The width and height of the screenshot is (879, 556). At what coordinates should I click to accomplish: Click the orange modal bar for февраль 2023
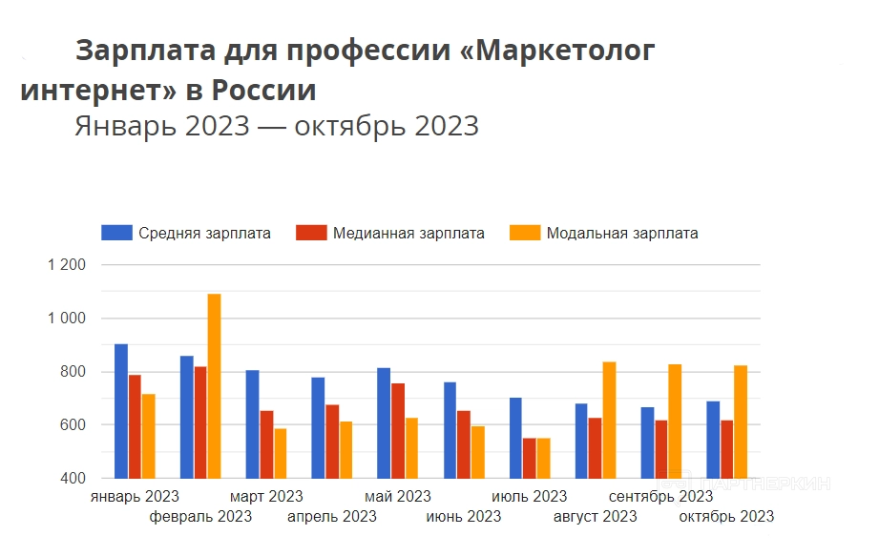coord(214,385)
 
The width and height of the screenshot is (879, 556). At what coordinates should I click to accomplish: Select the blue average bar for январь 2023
coord(121,410)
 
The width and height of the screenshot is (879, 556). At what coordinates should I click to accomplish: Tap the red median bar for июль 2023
coord(530,458)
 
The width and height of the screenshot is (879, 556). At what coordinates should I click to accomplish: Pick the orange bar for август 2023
coord(609,420)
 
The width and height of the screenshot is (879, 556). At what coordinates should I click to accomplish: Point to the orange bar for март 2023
coord(280,453)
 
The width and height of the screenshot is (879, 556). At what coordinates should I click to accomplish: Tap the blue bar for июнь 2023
coord(450,429)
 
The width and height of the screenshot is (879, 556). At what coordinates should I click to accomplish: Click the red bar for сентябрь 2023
coord(661,448)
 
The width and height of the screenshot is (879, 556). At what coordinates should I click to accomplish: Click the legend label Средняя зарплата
coord(204,234)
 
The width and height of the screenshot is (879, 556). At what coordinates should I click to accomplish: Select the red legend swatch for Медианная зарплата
coord(312,234)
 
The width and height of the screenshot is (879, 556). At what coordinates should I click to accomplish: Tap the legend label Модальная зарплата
coord(622,234)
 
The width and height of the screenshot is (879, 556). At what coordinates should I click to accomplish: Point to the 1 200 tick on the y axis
coord(67,265)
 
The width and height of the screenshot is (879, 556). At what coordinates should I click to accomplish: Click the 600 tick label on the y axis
coord(73,424)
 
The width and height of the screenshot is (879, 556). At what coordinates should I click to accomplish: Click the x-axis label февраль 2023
coord(200,517)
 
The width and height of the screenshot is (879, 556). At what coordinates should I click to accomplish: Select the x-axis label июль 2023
coord(530,497)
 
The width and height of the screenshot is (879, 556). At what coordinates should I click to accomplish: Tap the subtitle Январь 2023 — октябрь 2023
coord(277,126)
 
